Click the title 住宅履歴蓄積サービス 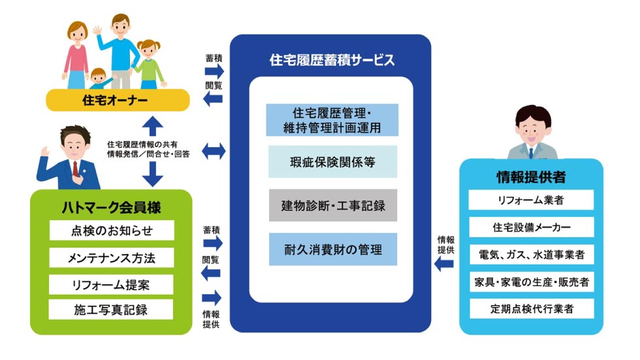tap(332, 60)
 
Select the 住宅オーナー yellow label tap(118, 100)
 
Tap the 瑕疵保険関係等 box tap(332, 162)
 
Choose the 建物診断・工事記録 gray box tap(332, 206)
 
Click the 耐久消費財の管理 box tap(332, 249)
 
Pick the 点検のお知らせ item tap(112, 231)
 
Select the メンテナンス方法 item tap(112, 257)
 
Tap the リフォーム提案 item tap(112, 284)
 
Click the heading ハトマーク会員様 tap(111, 207)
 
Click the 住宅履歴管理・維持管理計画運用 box tap(332, 120)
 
